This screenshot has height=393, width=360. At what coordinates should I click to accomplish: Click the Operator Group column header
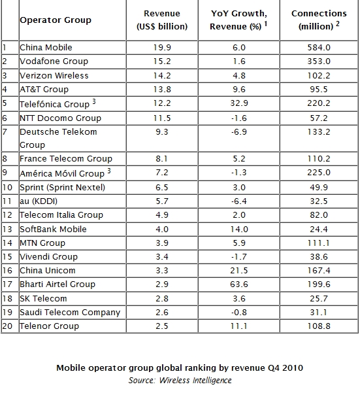tap(56, 20)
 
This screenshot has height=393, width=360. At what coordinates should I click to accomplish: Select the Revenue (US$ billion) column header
tap(162, 20)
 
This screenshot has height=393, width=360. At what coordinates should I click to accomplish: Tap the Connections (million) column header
tap(319, 20)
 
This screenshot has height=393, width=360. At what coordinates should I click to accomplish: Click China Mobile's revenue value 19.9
tap(162, 47)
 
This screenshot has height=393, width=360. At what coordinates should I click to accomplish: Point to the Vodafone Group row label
tap(54, 61)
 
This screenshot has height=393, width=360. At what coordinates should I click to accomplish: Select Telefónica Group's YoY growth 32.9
tap(239, 103)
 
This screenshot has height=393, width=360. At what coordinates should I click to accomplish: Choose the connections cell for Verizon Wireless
tap(319, 75)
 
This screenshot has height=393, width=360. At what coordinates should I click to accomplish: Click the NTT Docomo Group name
tap(60, 118)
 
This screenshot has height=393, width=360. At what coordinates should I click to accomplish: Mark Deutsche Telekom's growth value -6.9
tap(239, 131)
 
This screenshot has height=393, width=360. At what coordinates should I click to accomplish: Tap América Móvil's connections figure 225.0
tap(319, 173)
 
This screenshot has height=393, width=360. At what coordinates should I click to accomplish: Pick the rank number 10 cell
tap(7, 187)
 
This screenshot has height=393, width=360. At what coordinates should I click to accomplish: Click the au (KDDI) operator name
tap(39, 201)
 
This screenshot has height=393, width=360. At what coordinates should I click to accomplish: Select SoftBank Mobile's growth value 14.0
tap(239, 229)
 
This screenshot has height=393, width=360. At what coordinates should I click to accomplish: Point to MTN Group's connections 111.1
tap(319, 243)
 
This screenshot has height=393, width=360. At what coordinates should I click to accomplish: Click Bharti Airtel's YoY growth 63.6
tap(239, 284)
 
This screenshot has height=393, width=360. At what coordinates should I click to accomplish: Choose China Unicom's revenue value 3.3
tap(162, 271)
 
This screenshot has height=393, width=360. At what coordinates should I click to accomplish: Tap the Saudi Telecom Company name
tap(70, 313)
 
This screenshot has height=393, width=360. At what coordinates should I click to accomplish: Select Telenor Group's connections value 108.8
tap(319, 326)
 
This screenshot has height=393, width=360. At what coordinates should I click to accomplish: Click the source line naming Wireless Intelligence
tap(180, 380)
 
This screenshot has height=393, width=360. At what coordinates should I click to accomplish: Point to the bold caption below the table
tap(180, 368)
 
